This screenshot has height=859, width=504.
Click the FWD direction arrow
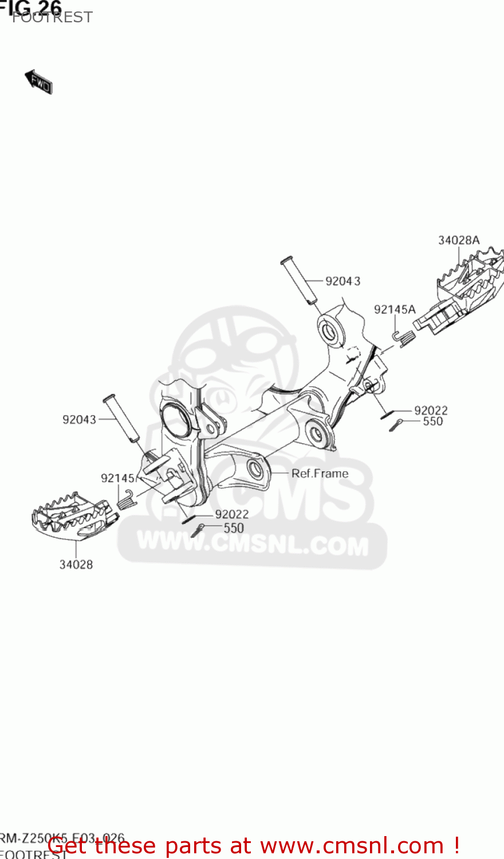[39, 82]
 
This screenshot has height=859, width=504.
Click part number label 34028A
[459, 241]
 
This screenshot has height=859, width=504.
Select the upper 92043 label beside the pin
[343, 281]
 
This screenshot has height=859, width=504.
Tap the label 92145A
[395, 310]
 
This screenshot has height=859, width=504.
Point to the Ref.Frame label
[320, 474]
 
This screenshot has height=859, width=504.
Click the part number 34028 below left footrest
[76, 565]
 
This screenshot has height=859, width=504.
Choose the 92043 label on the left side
[79, 420]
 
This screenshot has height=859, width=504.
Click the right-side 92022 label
[431, 410]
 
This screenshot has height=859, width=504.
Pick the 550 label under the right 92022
[432, 421]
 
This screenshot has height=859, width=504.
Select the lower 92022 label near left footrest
[232, 514]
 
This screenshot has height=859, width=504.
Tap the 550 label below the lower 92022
[234, 528]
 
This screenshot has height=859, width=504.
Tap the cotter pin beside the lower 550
[197, 530]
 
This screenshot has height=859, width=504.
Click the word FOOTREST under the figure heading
[52, 18]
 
